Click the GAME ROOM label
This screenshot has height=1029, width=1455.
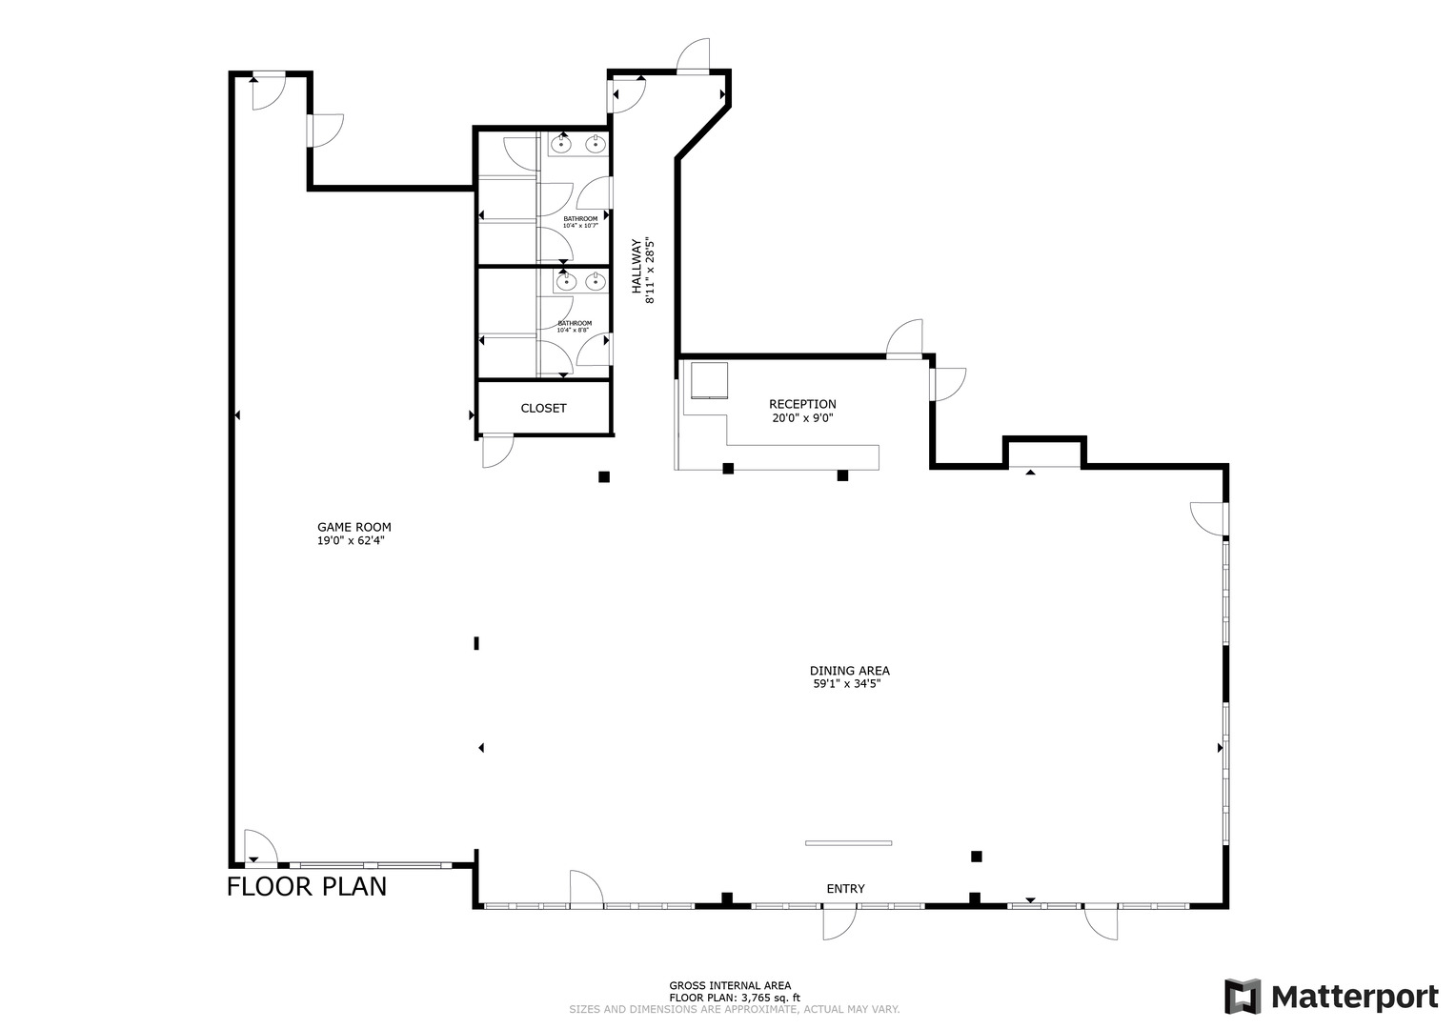(354, 527)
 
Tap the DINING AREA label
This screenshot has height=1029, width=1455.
(850, 671)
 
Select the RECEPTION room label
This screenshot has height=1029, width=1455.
(802, 404)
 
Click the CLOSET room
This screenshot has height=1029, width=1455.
(543, 408)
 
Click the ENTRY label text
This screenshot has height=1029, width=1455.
(845, 889)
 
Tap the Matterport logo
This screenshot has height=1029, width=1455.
(1331, 997)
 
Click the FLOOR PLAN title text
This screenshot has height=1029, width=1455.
(307, 886)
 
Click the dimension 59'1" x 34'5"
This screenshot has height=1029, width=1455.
(850, 684)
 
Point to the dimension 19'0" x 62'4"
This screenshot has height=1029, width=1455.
(351, 540)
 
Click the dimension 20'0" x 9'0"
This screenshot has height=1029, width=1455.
(802, 417)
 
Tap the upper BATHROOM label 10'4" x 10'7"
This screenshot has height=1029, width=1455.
(580, 222)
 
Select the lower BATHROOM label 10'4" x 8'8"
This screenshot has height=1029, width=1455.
(575, 326)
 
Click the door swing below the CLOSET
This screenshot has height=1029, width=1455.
(496, 451)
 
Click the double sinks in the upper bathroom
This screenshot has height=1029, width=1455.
(578, 144)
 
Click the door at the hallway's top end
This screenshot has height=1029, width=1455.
(694, 56)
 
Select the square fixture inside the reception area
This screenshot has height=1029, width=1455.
(709, 379)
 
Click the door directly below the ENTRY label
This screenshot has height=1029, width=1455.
(839, 922)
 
